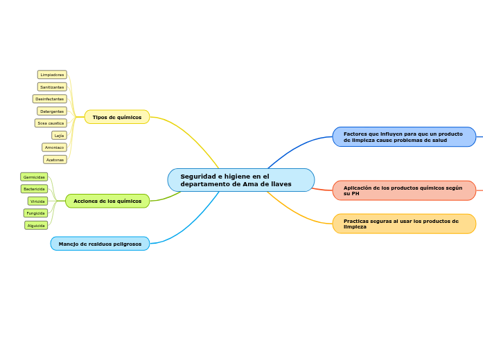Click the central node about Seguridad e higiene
coord(240,180)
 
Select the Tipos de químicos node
coord(116,117)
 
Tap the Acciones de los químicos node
coord(107,201)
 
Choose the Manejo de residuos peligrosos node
coord(100,244)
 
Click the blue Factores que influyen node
coord(404,137)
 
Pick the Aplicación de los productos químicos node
coord(404,190)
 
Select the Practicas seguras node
coord(404,224)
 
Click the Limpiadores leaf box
coord(52,75)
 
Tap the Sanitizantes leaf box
coord(52,87)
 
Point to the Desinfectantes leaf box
coord(50,99)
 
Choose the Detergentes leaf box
coord(52,111)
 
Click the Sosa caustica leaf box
coord(51,123)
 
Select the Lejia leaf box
coord(59,136)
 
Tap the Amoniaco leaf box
coord(54,147)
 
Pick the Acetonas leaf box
coord(55,160)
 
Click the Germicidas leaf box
coord(34,177)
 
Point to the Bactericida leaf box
coord(34,189)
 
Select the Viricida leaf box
coord(37,201)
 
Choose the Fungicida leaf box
coord(35,213)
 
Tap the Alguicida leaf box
coord(36,226)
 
